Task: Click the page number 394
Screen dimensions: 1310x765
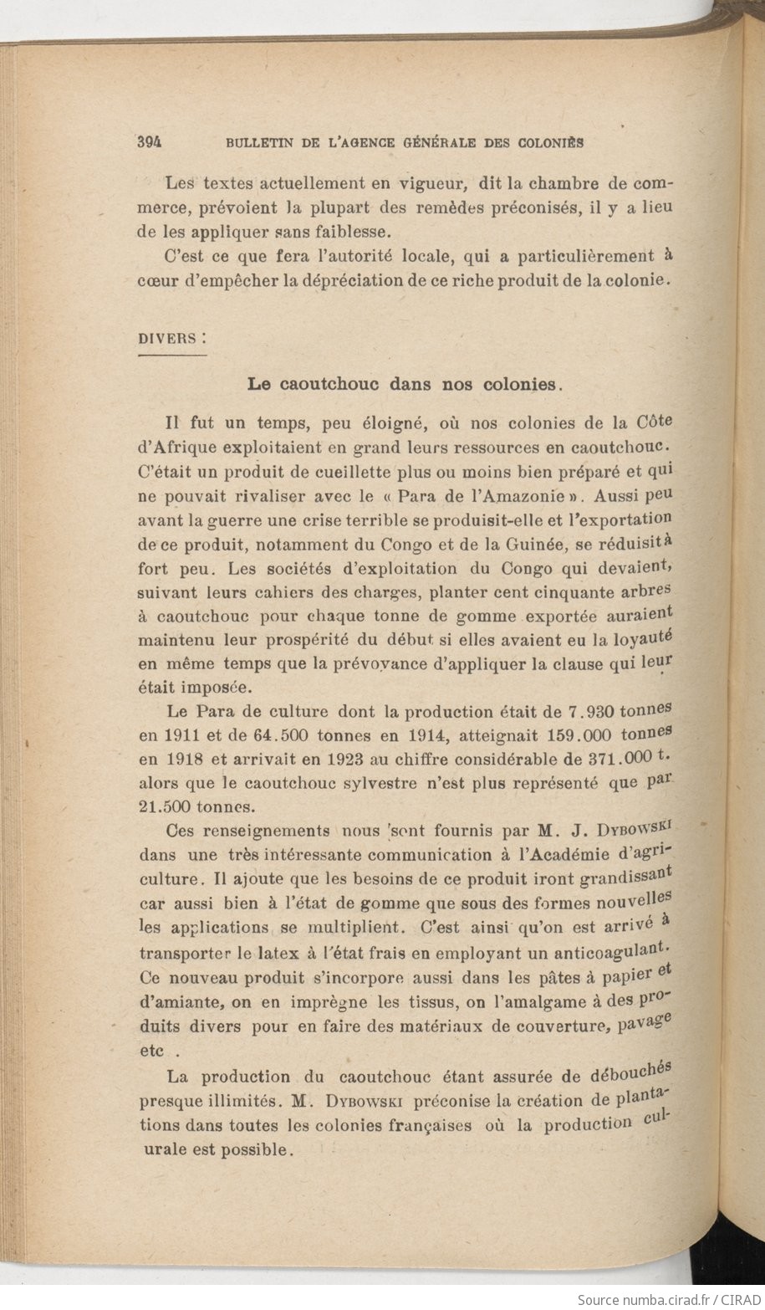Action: point(149,142)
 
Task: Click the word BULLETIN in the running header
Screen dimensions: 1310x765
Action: point(258,143)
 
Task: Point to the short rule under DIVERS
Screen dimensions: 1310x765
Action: point(171,356)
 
